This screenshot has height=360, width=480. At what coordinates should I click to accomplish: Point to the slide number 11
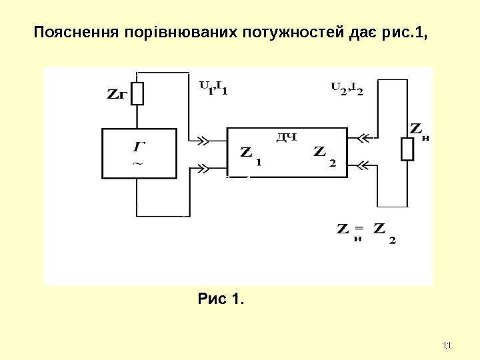447,345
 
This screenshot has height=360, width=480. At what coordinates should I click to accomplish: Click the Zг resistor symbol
137,93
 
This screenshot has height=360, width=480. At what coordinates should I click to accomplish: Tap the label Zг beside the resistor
116,95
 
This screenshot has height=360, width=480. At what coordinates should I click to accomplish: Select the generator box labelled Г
139,153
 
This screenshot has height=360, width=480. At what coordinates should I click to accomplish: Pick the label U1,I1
213,87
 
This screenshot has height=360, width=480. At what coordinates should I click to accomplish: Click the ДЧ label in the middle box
286,137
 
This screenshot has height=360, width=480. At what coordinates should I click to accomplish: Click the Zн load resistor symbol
407,150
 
